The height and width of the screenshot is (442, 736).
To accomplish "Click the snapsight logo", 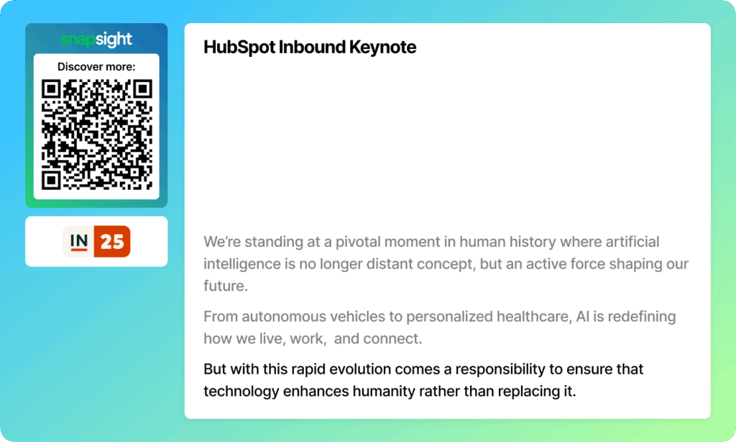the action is coord(96,40).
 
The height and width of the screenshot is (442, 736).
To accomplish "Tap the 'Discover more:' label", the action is coord(96,67).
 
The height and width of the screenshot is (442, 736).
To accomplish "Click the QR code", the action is coord(97,135).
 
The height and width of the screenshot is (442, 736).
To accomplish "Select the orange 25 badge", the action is coord(112,242).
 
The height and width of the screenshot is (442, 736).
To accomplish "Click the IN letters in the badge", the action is coord(79,241).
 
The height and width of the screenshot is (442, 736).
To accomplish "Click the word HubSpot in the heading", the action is coord(239,48).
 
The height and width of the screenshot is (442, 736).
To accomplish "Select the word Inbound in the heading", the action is coord(312,47).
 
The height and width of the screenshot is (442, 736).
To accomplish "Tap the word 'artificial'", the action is coord(632,242).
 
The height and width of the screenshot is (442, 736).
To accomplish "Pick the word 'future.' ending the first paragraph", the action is coord(226,286).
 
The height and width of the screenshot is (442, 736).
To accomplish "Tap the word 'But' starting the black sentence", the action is coord(215,369).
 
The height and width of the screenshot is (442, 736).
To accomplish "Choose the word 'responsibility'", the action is coord(500,369).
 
